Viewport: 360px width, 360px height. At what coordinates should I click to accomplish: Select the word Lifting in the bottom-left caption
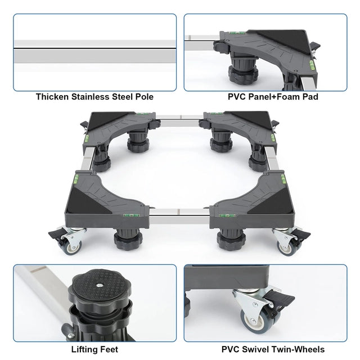click(x=82, y=349)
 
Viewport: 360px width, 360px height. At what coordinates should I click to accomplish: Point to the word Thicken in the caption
click(x=52, y=97)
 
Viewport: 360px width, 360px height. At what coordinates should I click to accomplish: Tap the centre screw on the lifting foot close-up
click(x=100, y=285)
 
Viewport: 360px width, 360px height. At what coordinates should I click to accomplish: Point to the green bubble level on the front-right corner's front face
click(x=227, y=215)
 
